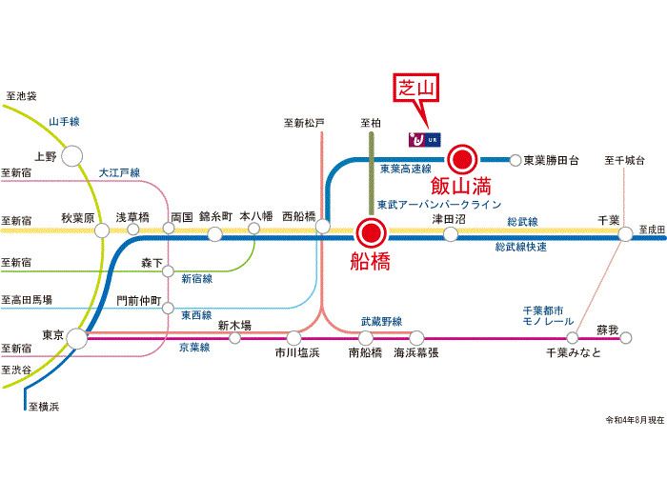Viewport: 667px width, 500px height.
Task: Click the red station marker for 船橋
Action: tap(370, 231)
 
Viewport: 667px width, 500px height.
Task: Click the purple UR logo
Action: tap(416, 140)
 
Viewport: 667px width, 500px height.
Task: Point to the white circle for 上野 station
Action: tap(73, 155)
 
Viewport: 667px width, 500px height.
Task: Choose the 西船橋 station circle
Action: tap(323, 228)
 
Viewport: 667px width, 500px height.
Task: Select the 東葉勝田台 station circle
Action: tap(515, 160)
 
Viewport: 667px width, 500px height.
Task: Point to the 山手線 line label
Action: tap(64, 121)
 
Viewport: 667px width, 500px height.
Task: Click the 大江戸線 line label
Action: tap(119, 172)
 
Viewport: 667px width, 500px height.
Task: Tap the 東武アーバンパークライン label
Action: tap(438, 204)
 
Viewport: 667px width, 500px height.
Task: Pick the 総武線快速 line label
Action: tap(521, 247)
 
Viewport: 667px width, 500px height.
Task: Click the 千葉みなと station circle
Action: tap(572, 337)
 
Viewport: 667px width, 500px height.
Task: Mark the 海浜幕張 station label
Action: tap(416, 352)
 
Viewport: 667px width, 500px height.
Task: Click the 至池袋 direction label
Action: tap(21, 96)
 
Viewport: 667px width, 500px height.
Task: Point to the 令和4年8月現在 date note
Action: tap(634, 420)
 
